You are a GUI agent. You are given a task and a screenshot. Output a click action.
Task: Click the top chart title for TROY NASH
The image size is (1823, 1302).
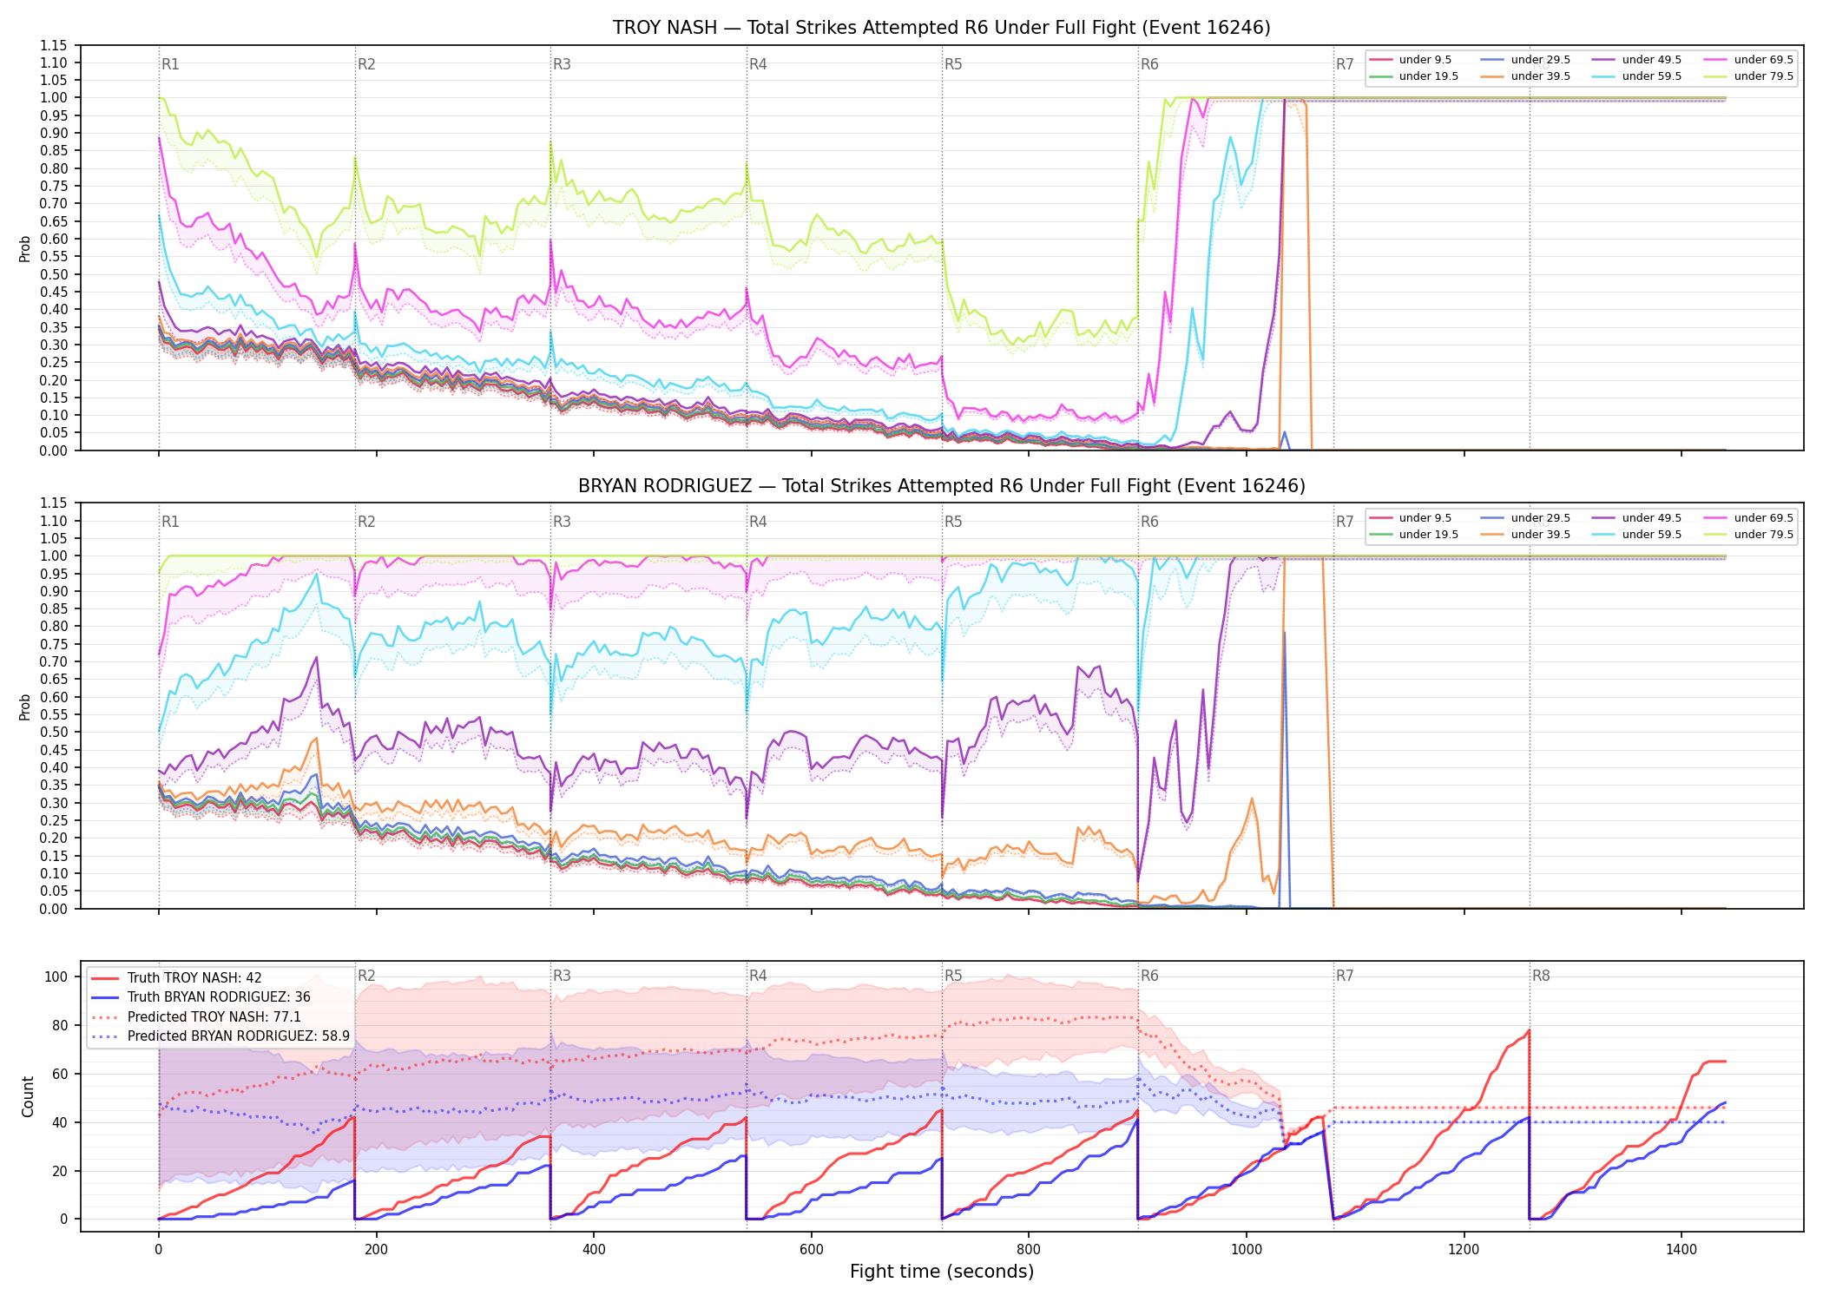(941, 28)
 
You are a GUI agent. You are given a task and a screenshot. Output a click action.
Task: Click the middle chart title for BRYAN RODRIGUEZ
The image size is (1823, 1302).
(941, 486)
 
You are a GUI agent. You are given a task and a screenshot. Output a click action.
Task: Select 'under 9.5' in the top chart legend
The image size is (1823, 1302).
(1425, 60)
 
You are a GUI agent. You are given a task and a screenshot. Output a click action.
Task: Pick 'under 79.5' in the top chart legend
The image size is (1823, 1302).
(1763, 76)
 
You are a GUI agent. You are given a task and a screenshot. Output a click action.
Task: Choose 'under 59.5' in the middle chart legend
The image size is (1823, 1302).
(1651, 535)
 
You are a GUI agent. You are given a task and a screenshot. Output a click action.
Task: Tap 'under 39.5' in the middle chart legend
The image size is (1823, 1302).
(1540, 535)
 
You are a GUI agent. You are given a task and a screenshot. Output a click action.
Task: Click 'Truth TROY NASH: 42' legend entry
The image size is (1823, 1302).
(194, 978)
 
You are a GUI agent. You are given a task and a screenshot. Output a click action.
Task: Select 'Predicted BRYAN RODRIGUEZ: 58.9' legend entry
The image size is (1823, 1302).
(239, 1036)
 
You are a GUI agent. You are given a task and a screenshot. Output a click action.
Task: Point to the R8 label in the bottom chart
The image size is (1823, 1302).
(1541, 976)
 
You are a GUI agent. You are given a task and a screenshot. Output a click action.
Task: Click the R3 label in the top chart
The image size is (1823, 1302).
(562, 64)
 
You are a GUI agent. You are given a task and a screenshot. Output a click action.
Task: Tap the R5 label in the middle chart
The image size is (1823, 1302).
(953, 522)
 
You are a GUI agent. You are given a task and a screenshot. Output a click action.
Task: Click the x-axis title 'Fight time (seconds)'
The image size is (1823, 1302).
(942, 1272)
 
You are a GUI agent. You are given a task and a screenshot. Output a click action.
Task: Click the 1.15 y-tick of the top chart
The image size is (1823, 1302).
(54, 45)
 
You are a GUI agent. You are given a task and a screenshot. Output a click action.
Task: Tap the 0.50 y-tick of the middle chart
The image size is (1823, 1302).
(54, 733)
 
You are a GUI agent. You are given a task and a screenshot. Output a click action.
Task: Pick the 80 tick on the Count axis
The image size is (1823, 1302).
(59, 1025)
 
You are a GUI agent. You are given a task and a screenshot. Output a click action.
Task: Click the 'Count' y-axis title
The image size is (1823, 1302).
(28, 1096)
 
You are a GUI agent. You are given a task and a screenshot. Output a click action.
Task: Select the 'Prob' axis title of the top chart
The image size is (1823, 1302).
(25, 249)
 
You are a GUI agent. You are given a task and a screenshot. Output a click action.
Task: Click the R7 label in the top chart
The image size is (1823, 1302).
(1345, 64)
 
